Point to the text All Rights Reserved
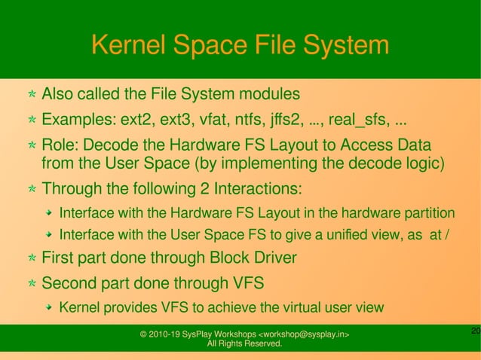tap(244, 345)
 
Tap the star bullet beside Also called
tap(31, 96)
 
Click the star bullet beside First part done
tap(31, 259)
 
